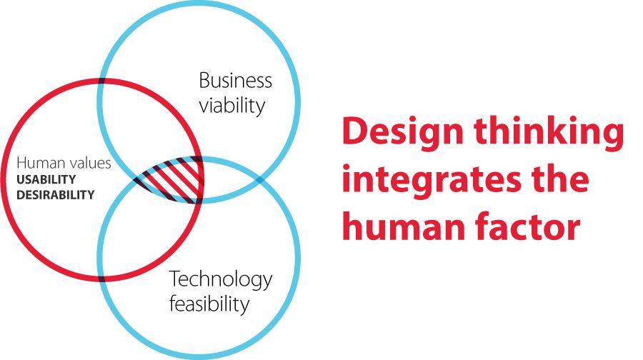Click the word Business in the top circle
coord(235,80)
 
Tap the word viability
coord(232,106)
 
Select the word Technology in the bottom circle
coord(221,280)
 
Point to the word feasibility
coord(209,304)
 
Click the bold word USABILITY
coord(46,179)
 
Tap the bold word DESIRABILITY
coord(55,194)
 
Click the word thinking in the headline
coord(549,132)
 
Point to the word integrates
coord(431,181)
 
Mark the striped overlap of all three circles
coord(172,179)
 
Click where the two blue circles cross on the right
coord(259,179)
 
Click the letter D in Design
coord(354,131)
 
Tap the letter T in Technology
coord(176,279)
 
